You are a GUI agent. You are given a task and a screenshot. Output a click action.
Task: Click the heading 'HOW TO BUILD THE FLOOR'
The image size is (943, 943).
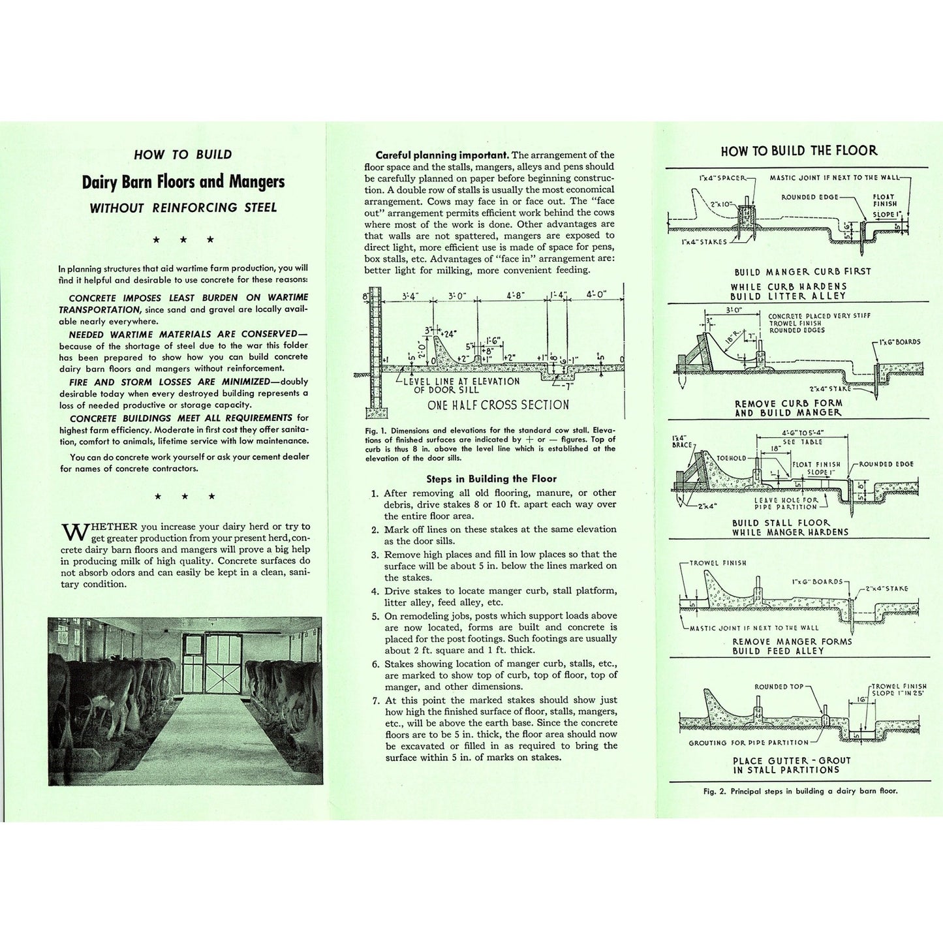(799, 151)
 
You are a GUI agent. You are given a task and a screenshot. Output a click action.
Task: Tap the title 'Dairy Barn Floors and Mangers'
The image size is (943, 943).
(183, 182)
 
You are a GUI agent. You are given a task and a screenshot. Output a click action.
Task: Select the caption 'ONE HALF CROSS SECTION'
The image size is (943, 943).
(498, 405)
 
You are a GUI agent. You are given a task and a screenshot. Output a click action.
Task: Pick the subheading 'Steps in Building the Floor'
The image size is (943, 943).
(491, 478)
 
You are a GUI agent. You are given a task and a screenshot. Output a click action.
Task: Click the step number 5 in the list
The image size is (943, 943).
(375, 616)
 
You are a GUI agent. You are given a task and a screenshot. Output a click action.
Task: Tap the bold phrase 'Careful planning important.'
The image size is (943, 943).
(442, 155)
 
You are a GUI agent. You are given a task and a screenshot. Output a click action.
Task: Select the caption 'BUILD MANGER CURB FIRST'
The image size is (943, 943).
(802, 271)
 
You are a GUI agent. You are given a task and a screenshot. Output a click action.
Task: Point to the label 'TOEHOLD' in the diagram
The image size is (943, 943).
(732, 458)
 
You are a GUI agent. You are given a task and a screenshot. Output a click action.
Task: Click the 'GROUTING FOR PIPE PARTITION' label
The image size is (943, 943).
(749, 743)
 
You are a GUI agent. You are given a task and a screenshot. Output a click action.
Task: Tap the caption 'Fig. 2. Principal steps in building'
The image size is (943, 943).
(800, 791)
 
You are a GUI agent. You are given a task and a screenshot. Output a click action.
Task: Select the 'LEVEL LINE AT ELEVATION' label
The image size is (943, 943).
(461, 381)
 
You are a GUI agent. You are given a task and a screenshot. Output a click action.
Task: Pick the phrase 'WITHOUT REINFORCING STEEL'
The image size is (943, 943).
(183, 208)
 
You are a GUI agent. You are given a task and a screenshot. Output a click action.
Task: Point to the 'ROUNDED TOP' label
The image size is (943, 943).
(779, 687)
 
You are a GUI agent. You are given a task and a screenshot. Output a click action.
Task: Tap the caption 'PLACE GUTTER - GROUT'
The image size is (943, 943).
(792, 760)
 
